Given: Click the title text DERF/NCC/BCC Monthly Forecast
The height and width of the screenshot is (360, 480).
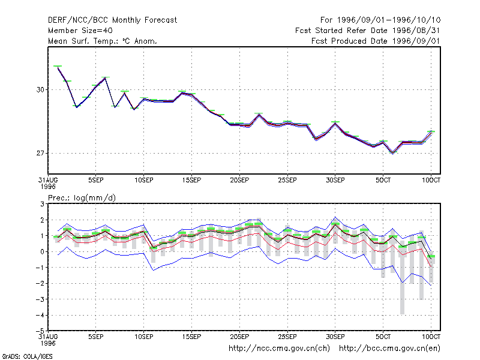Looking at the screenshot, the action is click(x=112, y=20).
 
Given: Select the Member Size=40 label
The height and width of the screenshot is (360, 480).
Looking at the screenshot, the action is click(x=80, y=31).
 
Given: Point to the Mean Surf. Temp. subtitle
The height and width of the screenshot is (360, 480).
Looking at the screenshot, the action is click(x=103, y=41).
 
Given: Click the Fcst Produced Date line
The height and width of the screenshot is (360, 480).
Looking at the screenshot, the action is click(x=376, y=41).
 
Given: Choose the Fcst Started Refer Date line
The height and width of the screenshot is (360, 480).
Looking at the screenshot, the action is click(x=368, y=31).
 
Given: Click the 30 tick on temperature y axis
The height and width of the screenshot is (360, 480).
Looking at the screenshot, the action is click(x=40, y=89).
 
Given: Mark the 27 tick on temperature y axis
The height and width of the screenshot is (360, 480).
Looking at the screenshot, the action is click(x=40, y=153).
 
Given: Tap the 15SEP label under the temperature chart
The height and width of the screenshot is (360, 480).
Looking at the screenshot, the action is click(x=191, y=180).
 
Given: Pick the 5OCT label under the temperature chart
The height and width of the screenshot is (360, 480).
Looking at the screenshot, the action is click(x=383, y=180).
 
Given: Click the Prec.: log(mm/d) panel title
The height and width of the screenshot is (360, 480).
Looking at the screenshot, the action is click(x=82, y=198).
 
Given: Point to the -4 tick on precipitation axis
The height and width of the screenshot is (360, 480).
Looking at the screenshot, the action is click(x=40, y=315).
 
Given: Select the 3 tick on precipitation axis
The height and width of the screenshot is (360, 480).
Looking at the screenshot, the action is click(x=42, y=204).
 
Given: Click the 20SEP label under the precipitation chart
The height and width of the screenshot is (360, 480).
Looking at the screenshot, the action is click(x=239, y=337).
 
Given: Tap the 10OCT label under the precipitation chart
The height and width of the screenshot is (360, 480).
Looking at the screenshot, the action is click(x=431, y=337).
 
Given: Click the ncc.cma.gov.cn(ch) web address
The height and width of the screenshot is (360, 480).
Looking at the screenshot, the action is click(x=279, y=349).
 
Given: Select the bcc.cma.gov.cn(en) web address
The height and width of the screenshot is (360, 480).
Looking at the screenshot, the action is click(x=389, y=349).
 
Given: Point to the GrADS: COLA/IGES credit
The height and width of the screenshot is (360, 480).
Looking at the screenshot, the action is click(x=27, y=356).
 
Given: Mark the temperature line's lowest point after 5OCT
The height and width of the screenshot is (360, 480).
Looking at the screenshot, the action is click(x=393, y=153).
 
